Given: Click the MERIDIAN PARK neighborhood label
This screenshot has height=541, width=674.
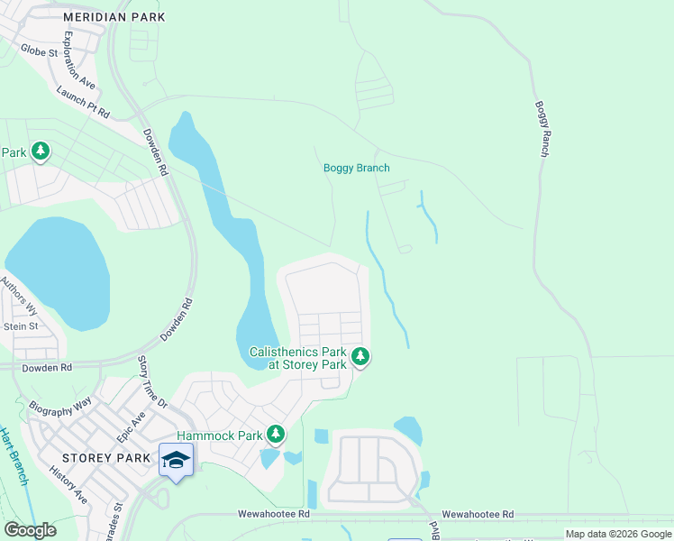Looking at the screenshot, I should tap(115, 16).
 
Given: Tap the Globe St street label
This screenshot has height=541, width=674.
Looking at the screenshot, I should tap(39, 51).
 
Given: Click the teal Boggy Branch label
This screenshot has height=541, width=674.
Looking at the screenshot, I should tap(356, 168).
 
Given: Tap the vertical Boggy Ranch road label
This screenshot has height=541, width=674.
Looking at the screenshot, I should tap(542, 129).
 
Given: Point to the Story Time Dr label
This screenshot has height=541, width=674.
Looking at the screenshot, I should tap(151, 382).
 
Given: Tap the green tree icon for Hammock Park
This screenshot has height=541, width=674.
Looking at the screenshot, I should tap(276, 436).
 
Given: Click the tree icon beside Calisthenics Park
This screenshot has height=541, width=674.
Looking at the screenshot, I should tap(360, 358).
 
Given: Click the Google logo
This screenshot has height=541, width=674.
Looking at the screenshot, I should tap(30, 530).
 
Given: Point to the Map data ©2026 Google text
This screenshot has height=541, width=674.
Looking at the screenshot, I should tap(617, 534).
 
